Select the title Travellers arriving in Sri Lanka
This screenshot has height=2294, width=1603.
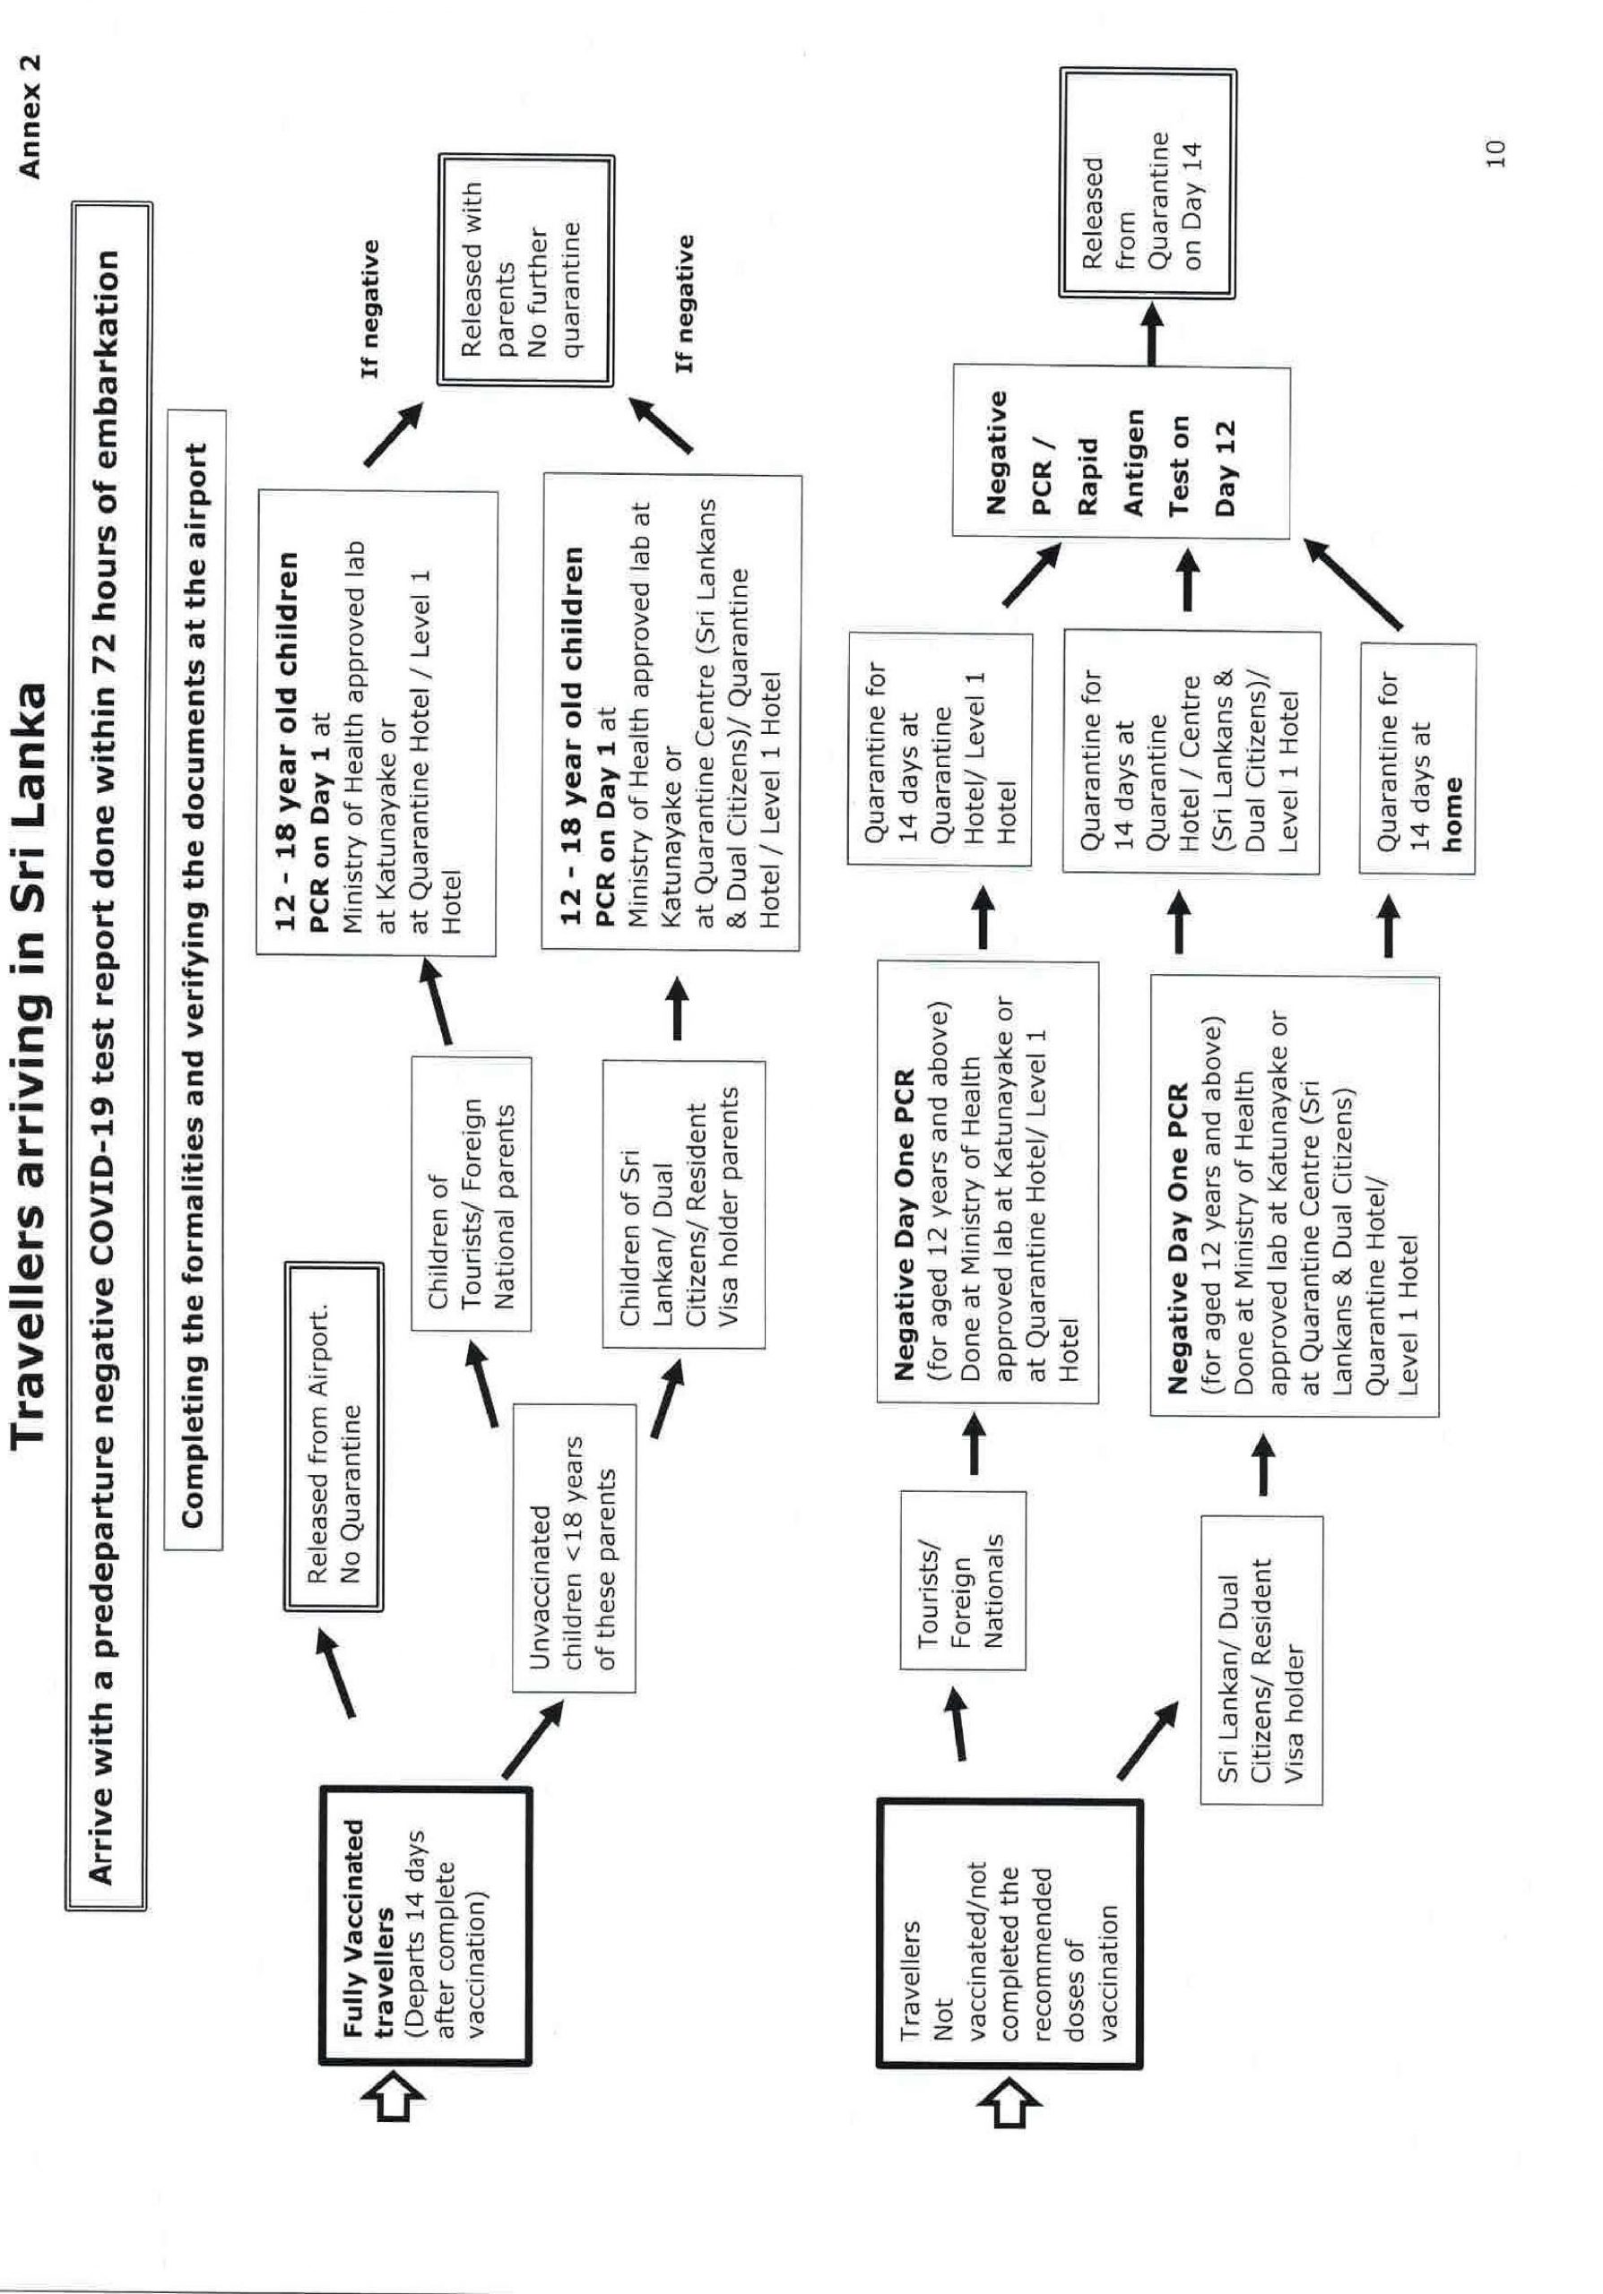tap(30, 1063)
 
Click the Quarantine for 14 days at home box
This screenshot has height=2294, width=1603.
tap(1417, 759)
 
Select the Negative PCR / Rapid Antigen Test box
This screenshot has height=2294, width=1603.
tap(1121, 453)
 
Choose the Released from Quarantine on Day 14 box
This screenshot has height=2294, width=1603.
tap(1148, 183)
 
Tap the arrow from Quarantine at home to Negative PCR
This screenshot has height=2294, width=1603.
tap(1352, 584)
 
